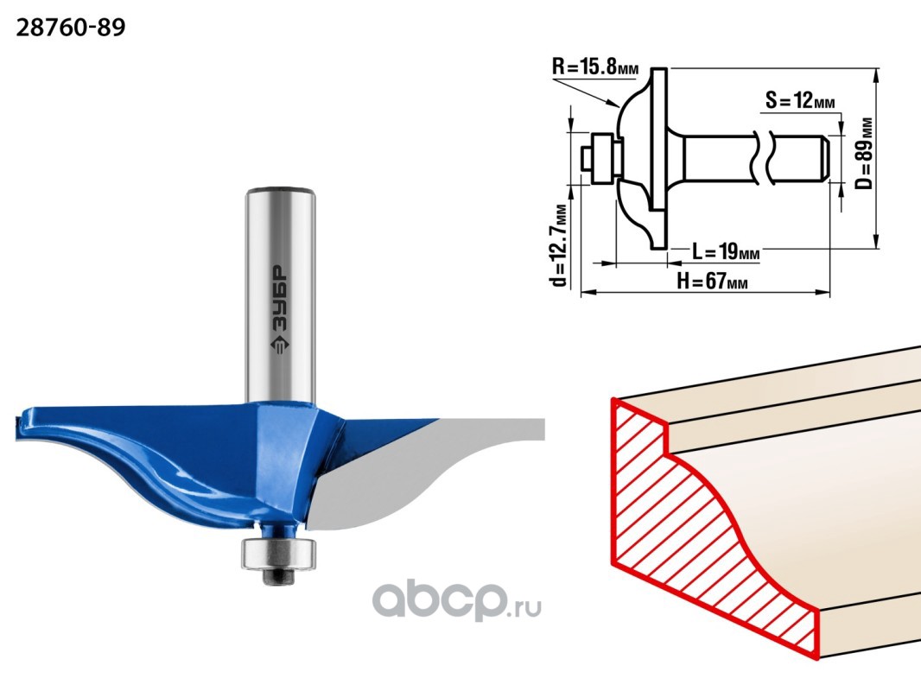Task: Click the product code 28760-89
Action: coord(71,28)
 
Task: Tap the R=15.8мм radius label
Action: coord(594,67)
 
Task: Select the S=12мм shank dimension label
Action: coord(800,100)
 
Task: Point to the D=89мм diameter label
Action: coord(863,154)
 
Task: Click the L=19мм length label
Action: coord(726,252)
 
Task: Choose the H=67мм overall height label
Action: coord(712,282)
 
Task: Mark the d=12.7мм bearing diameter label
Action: coord(561,244)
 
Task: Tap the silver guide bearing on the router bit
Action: coord(278,553)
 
